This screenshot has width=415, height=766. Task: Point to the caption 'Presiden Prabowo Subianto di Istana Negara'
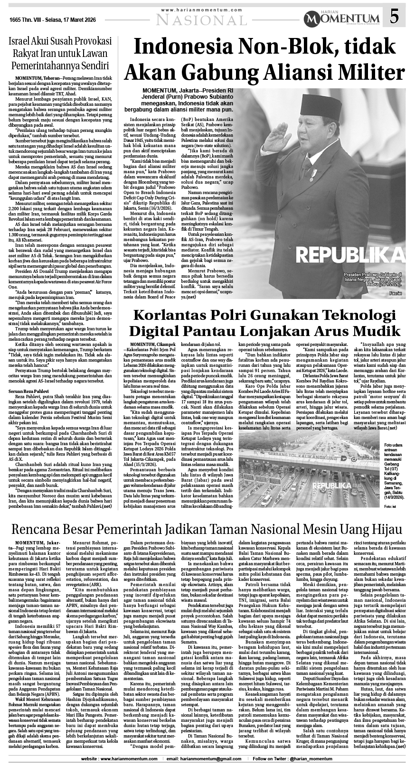click(373, 280)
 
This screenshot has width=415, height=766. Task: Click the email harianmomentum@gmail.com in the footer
click(207, 759)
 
